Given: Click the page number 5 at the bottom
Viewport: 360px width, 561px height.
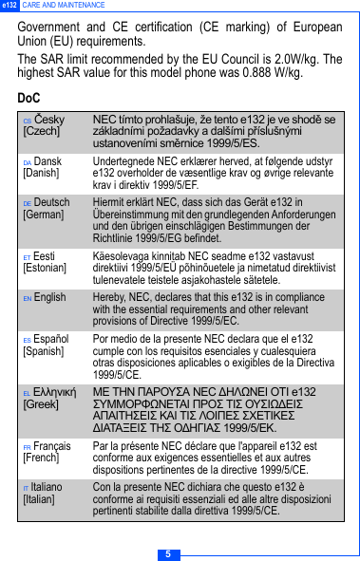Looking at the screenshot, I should click(x=167, y=553).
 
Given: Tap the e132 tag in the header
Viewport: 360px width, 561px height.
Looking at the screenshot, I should click(x=9, y=6).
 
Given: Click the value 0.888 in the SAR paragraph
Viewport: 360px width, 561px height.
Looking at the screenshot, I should click(x=241, y=73).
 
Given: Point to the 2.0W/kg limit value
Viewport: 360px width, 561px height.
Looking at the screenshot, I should click(x=297, y=59).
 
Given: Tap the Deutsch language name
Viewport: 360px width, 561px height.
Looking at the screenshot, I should click(x=52, y=203).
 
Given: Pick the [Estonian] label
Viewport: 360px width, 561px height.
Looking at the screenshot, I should click(x=45, y=269).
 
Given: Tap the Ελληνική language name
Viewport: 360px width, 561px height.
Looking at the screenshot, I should click(x=55, y=392).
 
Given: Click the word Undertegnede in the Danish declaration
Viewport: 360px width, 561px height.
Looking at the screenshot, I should click(x=123, y=162).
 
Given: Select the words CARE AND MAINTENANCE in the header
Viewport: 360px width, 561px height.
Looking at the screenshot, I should click(x=65, y=6).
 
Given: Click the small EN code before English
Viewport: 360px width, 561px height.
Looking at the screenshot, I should click(x=28, y=298).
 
